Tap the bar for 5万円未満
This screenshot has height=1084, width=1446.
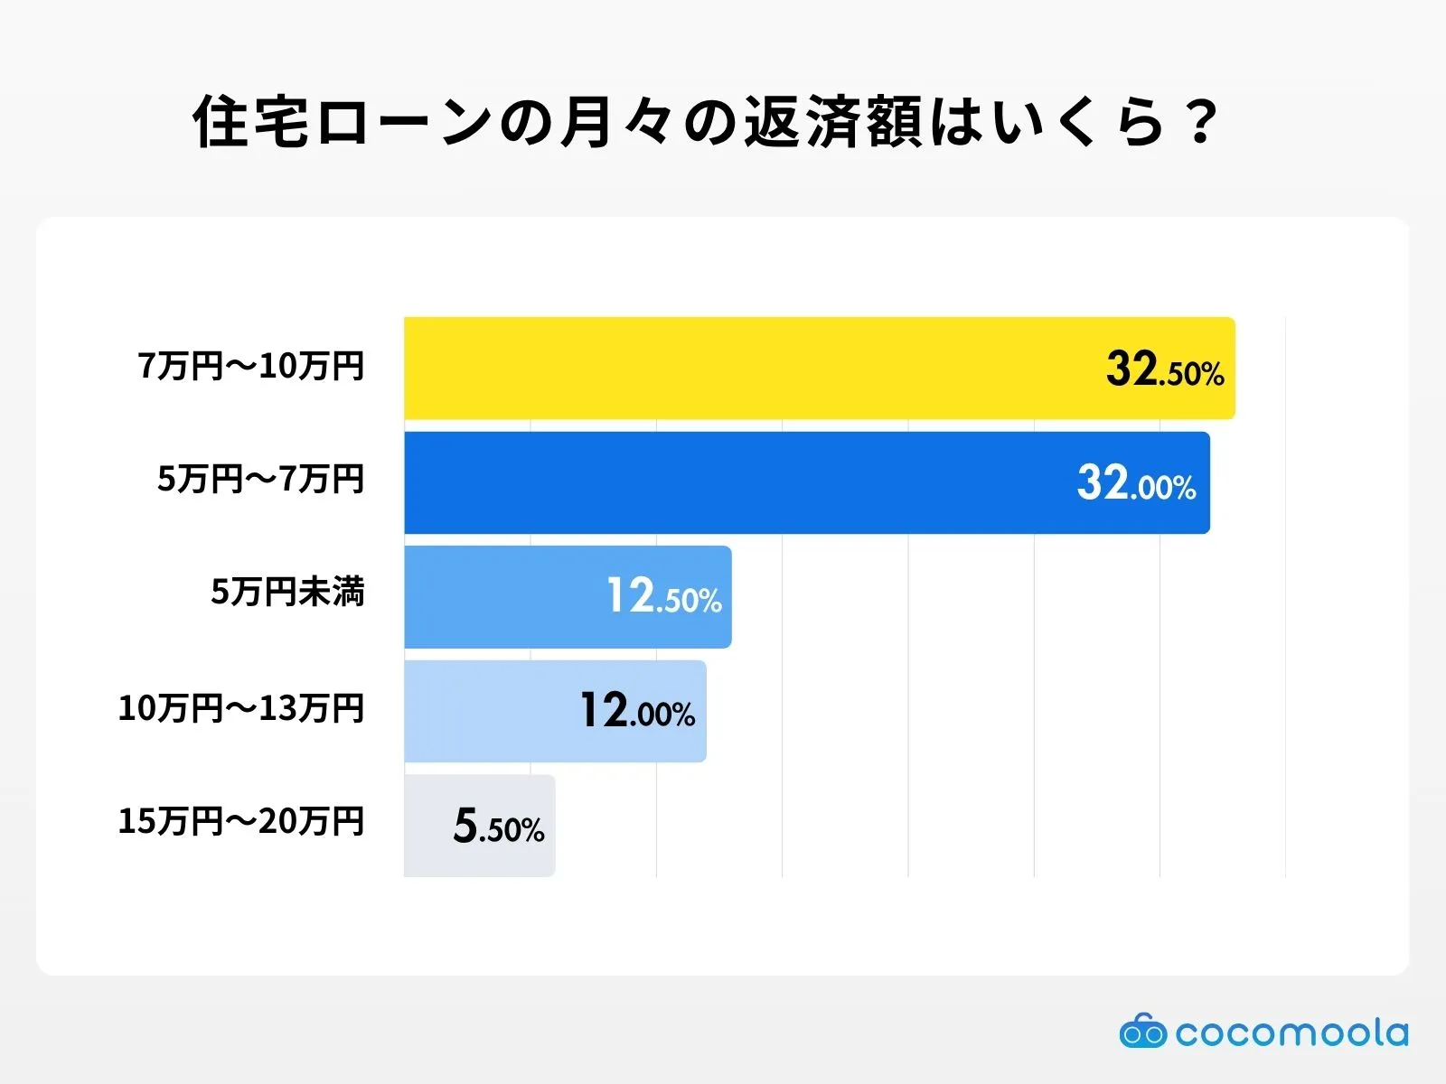click(x=506, y=596)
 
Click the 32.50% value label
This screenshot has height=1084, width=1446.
click(x=1164, y=369)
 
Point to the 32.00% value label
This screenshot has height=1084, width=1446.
click(x=1136, y=483)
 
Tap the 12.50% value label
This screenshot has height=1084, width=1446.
click(x=663, y=597)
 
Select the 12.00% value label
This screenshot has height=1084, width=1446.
click(x=637, y=712)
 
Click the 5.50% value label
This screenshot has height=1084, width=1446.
click(x=499, y=827)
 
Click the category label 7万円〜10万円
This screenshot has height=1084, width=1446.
click(x=251, y=366)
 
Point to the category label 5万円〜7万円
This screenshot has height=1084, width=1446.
click(x=260, y=479)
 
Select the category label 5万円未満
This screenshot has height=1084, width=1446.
click(x=287, y=593)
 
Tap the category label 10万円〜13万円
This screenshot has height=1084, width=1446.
click(x=241, y=708)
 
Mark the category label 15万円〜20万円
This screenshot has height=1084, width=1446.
click(x=241, y=821)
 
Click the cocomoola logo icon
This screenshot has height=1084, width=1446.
click(x=1142, y=1031)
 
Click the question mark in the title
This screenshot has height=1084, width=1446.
click(x=1201, y=123)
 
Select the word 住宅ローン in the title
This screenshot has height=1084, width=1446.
click(x=343, y=123)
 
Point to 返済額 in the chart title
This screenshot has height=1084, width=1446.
click(x=832, y=123)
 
